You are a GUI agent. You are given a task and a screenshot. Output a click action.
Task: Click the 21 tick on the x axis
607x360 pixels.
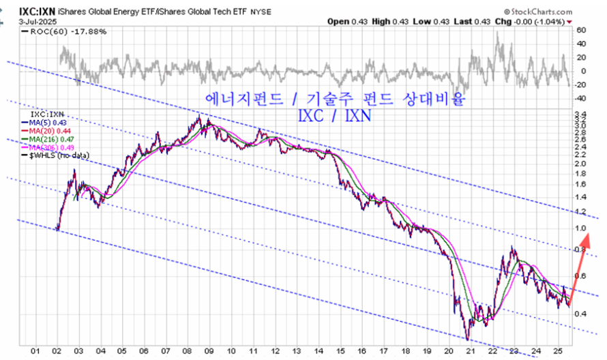(470, 351)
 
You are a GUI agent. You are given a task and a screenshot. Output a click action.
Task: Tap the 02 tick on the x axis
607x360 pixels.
(58, 351)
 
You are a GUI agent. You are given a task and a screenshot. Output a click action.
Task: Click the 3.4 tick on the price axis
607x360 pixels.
(581, 114)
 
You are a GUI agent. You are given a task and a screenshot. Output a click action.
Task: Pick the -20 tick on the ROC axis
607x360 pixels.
(581, 85)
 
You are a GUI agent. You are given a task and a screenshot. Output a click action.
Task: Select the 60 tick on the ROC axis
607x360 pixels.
(581, 31)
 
